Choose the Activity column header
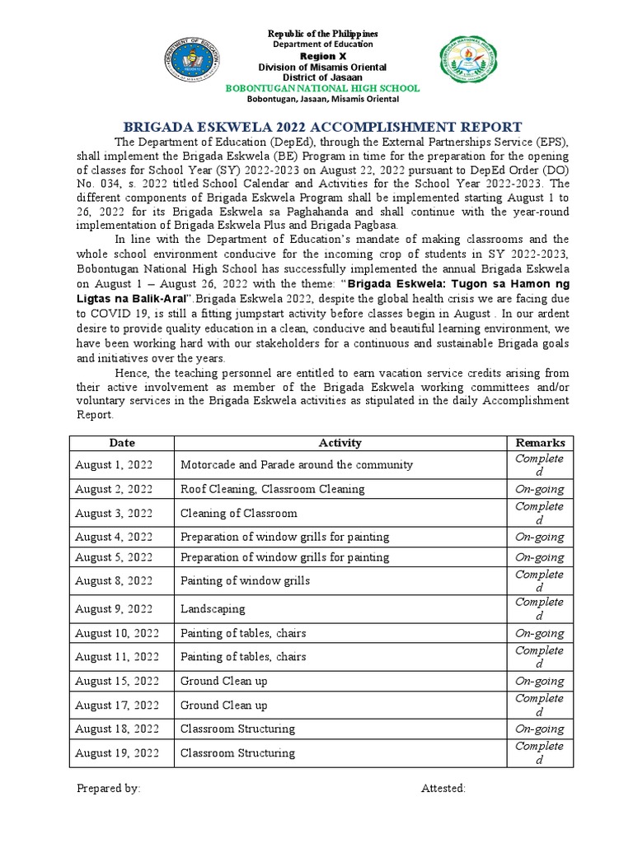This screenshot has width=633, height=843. [340, 443]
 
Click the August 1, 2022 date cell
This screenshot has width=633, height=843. [114, 465]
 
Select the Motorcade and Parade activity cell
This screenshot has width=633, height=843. [297, 465]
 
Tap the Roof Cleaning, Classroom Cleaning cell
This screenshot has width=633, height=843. [273, 489]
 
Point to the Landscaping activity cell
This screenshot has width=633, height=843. [213, 609]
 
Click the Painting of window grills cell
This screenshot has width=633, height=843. [246, 581]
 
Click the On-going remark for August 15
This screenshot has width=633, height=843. [539, 681]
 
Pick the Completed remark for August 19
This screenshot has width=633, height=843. [539, 752]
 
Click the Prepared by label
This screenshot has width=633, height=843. [109, 788]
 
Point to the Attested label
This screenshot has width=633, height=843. [443, 788]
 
